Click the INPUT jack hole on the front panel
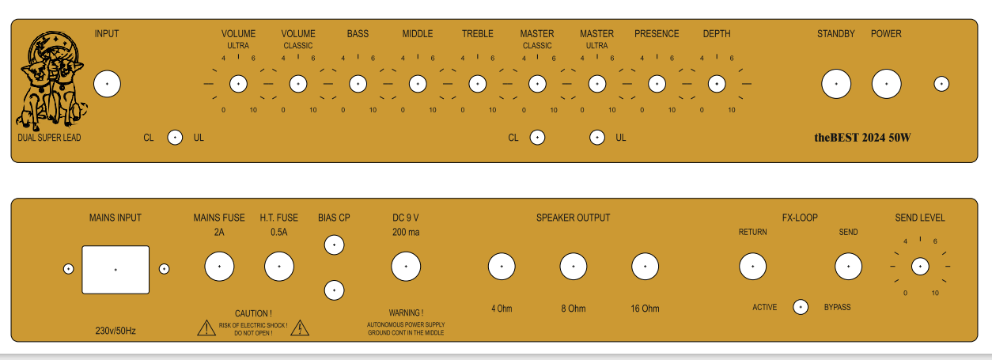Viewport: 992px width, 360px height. [107, 84]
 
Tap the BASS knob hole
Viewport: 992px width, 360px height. [358, 84]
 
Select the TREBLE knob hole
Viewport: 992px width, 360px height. [477, 84]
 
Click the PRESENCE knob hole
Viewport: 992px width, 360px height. [657, 84]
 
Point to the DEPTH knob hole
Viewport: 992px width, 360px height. [717, 84]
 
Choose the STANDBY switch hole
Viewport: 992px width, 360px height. [836, 84]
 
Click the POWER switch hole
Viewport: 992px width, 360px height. [886, 84]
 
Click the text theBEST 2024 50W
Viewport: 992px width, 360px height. [862, 138]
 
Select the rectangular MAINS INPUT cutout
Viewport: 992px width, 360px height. [115, 269]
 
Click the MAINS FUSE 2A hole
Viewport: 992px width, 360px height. [219, 267]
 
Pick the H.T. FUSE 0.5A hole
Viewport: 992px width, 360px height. [278, 267]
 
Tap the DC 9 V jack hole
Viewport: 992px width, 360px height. [407, 267]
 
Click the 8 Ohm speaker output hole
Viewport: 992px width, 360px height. [574, 267]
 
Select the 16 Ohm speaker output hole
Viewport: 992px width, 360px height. [645, 267]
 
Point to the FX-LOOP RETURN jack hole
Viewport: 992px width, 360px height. [752, 267]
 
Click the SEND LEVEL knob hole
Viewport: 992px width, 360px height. [920, 267]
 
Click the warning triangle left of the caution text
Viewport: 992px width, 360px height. [206, 328]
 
